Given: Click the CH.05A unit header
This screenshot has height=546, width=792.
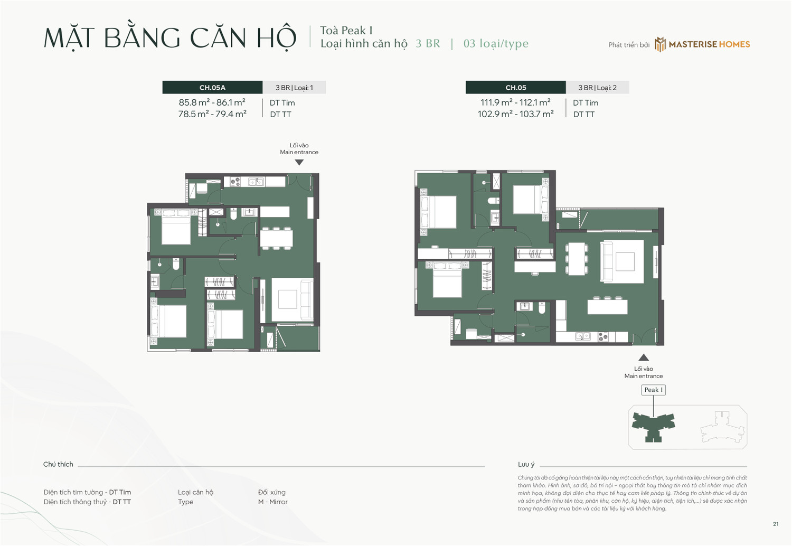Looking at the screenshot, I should [212, 88].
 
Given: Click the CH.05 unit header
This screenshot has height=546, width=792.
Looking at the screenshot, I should [515, 88].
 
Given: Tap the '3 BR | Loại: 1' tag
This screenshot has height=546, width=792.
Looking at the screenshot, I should [294, 88].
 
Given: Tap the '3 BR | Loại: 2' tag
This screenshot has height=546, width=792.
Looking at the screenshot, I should [597, 88].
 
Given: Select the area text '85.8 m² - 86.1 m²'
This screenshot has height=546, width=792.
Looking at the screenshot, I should [212, 102].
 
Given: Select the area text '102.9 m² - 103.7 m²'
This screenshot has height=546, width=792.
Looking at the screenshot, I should [515, 114].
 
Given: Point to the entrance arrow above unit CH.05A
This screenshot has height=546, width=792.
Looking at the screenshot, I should [299, 163].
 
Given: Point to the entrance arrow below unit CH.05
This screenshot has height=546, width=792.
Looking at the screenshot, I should [643, 357].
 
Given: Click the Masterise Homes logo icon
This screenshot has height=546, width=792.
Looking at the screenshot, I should [660, 44].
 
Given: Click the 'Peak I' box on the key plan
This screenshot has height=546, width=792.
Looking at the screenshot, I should [653, 390].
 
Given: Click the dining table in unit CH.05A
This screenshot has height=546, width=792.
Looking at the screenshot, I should [276, 238].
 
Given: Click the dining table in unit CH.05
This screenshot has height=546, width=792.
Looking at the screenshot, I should [576, 258].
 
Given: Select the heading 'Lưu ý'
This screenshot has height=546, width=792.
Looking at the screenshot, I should [526, 465].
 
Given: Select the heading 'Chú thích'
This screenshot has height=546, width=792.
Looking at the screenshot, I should [58, 465].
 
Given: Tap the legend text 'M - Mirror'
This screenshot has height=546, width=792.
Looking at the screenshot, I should [272, 502].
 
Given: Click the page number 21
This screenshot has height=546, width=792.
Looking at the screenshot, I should [776, 524].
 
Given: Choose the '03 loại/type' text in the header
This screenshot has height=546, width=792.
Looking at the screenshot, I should [496, 44].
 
